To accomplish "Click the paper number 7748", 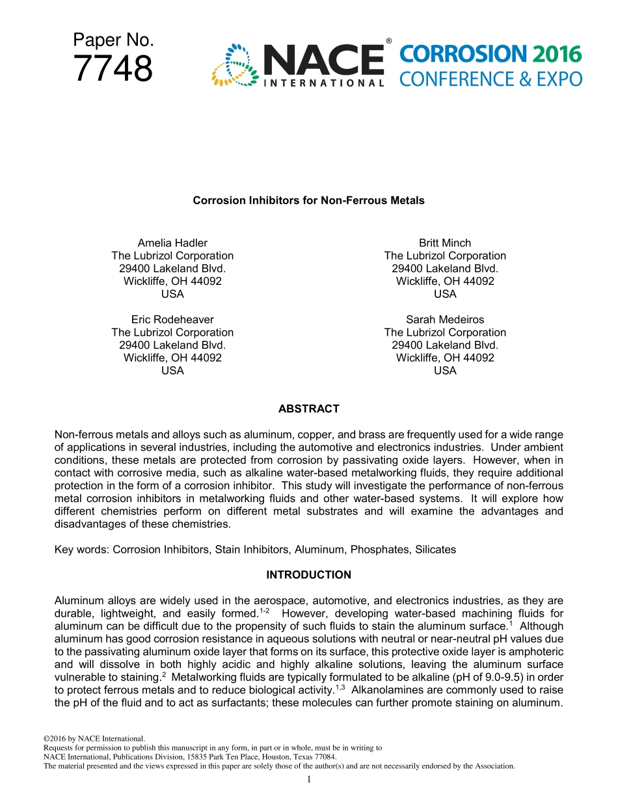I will click(x=113, y=69).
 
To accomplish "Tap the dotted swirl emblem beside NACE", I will click(x=235, y=65).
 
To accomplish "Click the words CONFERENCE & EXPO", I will click(x=490, y=79).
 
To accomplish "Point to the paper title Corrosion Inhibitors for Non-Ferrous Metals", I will click(x=308, y=200).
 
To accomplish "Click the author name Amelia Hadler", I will click(x=172, y=243).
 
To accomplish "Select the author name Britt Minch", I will click(x=445, y=243).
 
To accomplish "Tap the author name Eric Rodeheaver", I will click(x=172, y=319).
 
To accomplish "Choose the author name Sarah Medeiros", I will click(x=445, y=319).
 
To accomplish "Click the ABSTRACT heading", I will click(x=308, y=409).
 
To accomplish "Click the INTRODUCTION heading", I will click(x=308, y=575).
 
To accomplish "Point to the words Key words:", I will click(x=82, y=550).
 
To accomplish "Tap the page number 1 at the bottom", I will click(x=309, y=779).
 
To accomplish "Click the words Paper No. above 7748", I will click(x=113, y=40).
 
